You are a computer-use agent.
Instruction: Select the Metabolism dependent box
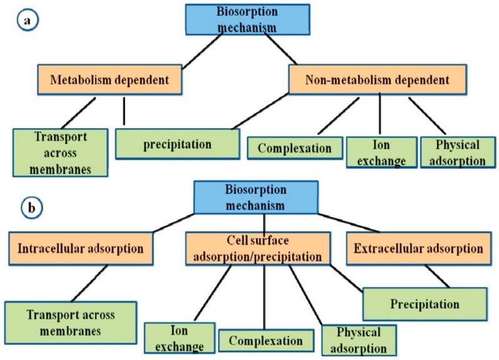pyautogui.click(x=110, y=80)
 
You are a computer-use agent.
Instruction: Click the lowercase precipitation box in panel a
pyautogui.click(x=177, y=144)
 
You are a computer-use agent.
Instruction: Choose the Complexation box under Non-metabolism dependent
pyautogui.click(x=294, y=149)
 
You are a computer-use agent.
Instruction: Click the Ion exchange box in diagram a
pyautogui.click(x=379, y=152)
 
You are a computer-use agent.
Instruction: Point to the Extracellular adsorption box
pyautogui.click(x=418, y=248)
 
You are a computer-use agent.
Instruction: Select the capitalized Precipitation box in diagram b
pyautogui.click(x=425, y=304)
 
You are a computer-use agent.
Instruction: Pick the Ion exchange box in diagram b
pyautogui.click(x=180, y=338)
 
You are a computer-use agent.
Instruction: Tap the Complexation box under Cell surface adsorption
pyautogui.click(x=266, y=341)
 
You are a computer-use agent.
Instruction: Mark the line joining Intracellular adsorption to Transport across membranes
pyautogui.click(x=90, y=283)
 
